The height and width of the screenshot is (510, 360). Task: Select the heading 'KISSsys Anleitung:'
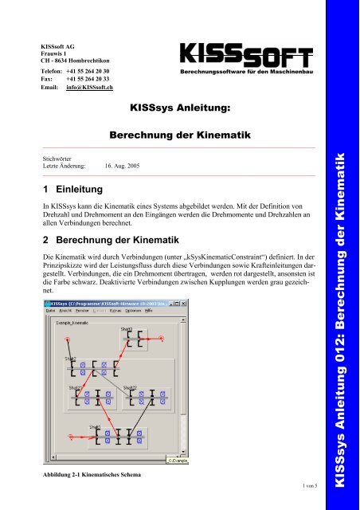coord(179,105)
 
